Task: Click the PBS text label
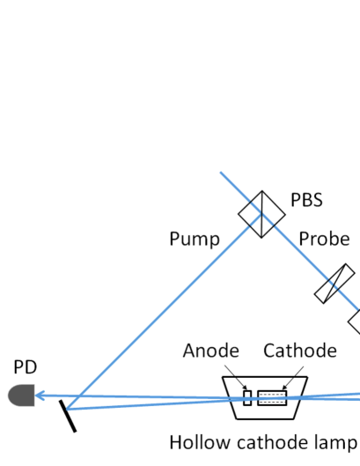[306, 200]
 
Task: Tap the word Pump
[194, 239]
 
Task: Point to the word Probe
[325, 239]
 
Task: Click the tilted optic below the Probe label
[335, 284]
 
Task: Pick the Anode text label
[210, 351]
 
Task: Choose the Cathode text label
[299, 351]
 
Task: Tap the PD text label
[26, 366]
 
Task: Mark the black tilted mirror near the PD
[68, 414]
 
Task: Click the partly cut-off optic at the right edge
[354, 321]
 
